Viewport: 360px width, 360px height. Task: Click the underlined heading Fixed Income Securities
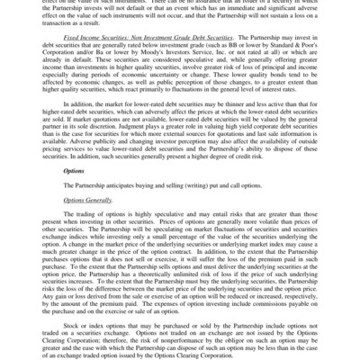102,53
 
